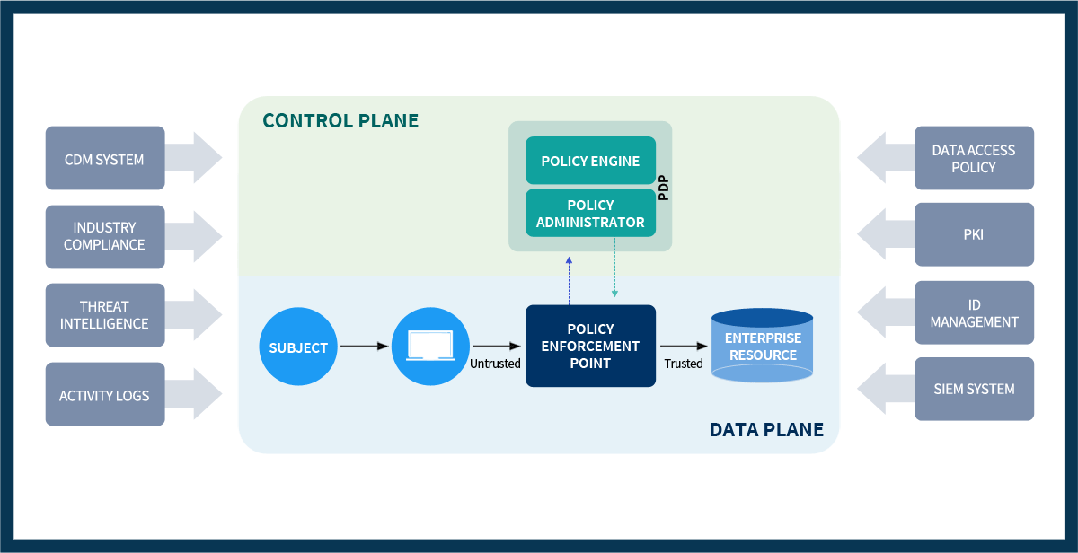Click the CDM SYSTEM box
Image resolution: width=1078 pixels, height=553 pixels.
[105, 158]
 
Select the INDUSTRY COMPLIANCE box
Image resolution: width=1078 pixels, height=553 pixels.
[105, 237]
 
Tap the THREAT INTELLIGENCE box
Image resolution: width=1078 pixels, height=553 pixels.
[105, 315]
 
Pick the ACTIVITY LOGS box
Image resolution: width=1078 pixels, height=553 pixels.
[105, 394]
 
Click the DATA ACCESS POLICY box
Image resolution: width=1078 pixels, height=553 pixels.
[974, 158]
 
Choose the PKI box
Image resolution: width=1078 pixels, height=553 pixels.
[974, 235]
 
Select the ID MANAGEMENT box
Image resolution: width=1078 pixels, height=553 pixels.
[974, 313]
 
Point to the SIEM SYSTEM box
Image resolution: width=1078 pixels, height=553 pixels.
[974, 389]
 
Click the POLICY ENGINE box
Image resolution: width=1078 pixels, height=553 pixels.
[590, 162]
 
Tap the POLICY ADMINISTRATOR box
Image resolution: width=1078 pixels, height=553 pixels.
[590, 214]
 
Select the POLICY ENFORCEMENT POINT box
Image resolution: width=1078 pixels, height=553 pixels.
[590, 347]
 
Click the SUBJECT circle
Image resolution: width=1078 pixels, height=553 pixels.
[298, 347]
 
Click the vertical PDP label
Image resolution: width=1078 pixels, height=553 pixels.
[664, 188]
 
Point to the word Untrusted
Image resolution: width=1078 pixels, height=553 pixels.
[495, 364]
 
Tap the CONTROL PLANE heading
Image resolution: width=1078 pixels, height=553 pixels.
[340, 120]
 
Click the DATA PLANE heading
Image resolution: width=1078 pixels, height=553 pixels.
[766, 429]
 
